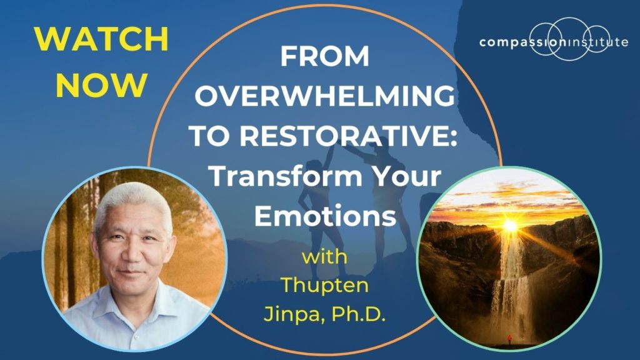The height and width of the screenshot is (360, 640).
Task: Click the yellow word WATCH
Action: click(x=101, y=40)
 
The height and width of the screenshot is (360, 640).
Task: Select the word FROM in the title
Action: click(x=325, y=57)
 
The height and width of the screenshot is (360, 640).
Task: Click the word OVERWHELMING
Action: click(x=324, y=97)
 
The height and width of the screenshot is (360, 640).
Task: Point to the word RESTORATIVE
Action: click(x=359, y=137)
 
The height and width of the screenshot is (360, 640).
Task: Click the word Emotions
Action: click(x=325, y=216)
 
